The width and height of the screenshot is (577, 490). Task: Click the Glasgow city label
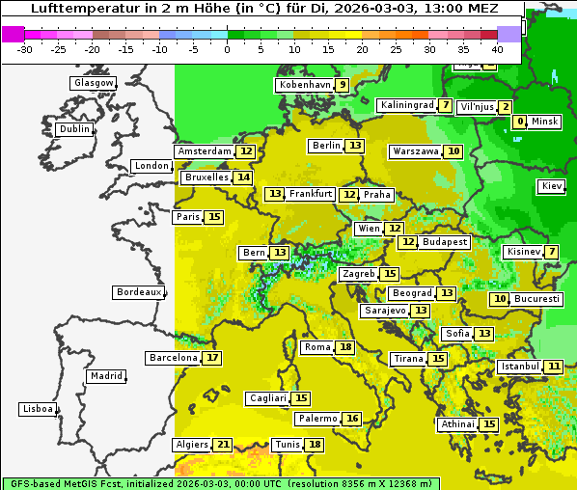coord(94,83)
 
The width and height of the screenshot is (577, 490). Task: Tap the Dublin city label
coord(74,129)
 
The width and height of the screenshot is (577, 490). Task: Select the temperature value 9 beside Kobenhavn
coord(342,85)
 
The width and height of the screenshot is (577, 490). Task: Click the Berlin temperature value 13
coord(356,146)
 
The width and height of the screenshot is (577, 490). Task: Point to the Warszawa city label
coord(415,151)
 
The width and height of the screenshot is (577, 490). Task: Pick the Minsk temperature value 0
coord(520,122)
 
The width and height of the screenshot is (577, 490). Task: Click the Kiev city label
coord(552,186)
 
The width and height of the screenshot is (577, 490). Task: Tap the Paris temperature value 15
coord(213,217)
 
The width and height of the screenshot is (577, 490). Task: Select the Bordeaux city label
coord(139,292)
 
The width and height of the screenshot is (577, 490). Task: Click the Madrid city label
coord(106,376)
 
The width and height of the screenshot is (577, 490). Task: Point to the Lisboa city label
coord(38,409)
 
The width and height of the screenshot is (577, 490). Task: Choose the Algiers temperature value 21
coord(223,445)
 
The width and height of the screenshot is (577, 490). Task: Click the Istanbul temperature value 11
coord(554,367)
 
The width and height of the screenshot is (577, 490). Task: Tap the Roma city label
coord(317,347)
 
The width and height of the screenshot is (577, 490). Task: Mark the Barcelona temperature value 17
coord(212,358)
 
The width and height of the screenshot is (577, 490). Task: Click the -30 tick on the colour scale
coord(25,48)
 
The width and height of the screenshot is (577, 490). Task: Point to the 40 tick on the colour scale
coord(497,48)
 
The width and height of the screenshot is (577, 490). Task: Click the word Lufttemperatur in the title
coord(79,9)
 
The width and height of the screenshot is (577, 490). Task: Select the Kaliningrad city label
coord(406,105)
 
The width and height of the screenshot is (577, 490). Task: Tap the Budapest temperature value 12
coord(408,242)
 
